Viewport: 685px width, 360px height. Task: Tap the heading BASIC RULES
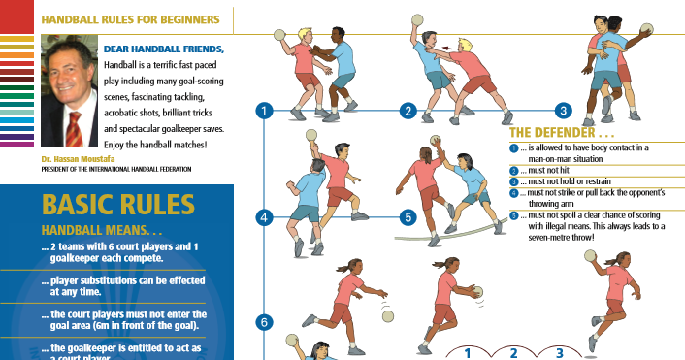[x=116, y=205]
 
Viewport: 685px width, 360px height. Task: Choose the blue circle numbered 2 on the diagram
[x=408, y=111]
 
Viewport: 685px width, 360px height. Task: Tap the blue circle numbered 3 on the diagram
[x=562, y=111]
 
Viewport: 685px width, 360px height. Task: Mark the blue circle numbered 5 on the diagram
[x=408, y=217]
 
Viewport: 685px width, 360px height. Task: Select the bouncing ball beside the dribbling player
[x=387, y=315]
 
